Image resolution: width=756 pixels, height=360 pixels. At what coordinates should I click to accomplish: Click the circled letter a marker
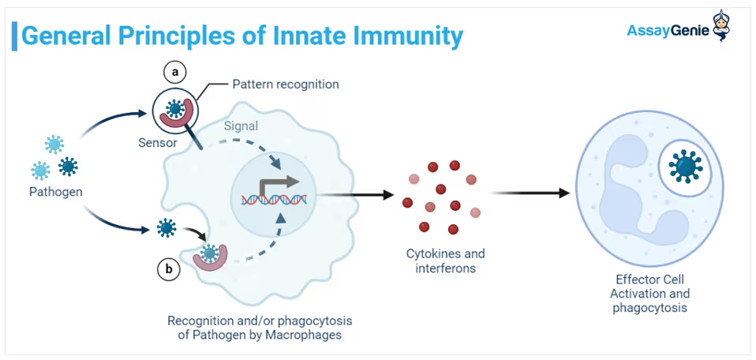click(175, 72)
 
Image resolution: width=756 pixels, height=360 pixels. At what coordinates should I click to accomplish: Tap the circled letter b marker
click(168, 268)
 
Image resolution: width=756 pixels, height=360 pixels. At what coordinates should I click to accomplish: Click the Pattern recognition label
click(285, 84)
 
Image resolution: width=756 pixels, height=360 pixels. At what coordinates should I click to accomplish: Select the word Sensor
click(158, 143)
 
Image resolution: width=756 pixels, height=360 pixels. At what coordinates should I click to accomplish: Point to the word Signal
click(241, 126)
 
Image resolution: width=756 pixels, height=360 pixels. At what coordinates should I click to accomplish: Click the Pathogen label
click(56, 191)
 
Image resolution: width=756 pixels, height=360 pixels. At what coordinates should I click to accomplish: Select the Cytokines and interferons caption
click(445, 261)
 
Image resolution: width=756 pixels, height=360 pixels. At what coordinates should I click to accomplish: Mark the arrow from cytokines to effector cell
click(530, 193)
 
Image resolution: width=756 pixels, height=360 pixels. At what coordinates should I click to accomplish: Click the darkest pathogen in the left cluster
click(69, 166)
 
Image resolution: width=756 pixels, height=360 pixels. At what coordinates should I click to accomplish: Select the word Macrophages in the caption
click(311, 335)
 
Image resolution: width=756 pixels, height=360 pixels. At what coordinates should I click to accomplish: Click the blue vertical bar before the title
click(13, 36)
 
